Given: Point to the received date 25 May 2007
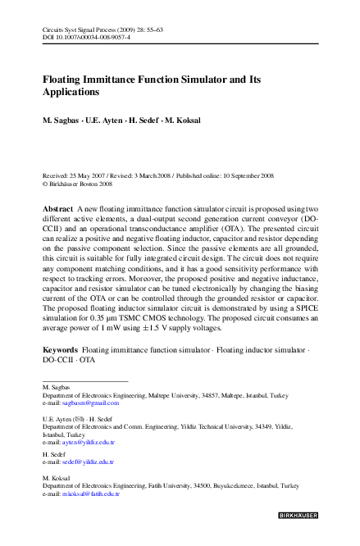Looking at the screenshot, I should pyautogui.click(x=97, y=176).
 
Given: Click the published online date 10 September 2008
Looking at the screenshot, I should pyautogui.click(x=242, y=176).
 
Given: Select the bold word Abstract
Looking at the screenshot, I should pyautogui.click(x=57, y=210).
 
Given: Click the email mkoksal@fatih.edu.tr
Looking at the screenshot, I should pyautogui.click(x=93, y=494).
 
